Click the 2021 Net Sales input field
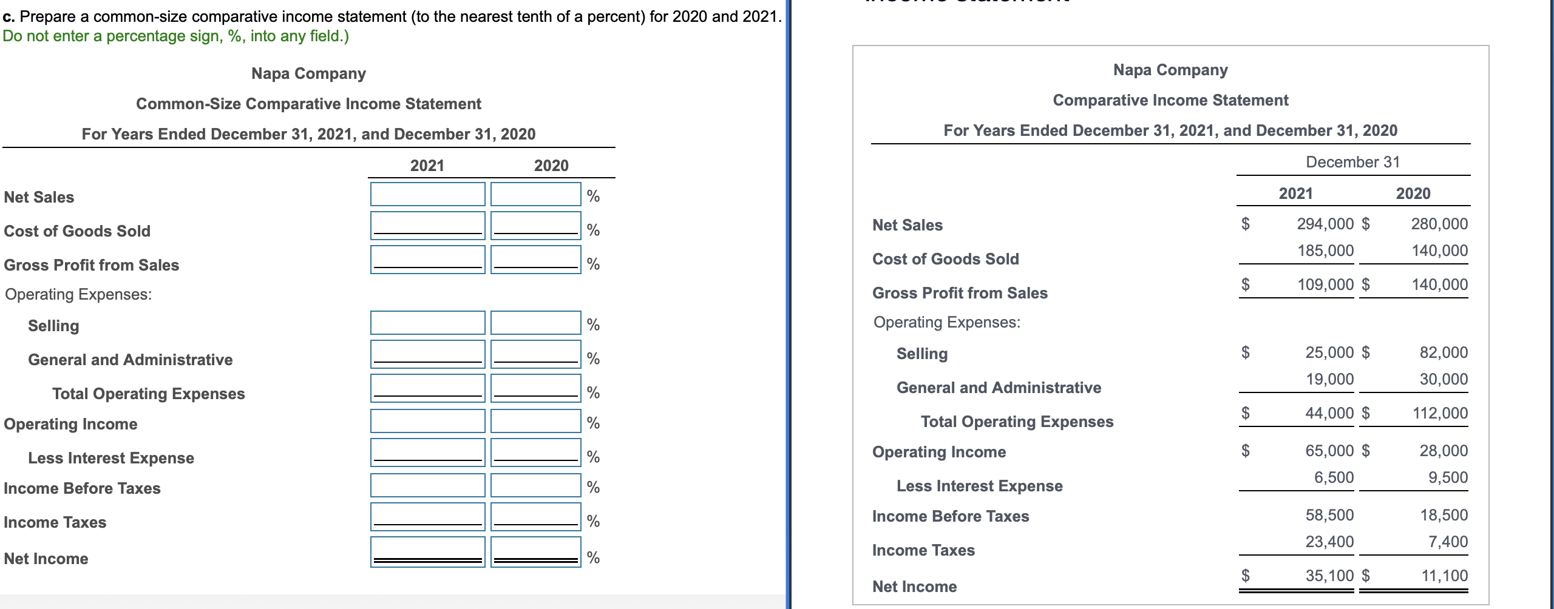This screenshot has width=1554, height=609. [x=427, y=194]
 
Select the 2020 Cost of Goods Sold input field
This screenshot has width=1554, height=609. [x=535, y=225]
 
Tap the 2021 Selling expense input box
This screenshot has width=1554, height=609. [x=427, y=323]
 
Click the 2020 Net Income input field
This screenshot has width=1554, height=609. [x=535, y=551]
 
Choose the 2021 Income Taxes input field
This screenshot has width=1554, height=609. [x=427, y=516]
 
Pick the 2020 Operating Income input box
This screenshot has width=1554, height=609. [x=535, y=421]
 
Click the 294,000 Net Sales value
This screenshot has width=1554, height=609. [x=1325, y=224]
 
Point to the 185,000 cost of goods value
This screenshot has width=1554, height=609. [x=1325, y=251]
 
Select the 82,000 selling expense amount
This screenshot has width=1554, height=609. [x=1443, y=352]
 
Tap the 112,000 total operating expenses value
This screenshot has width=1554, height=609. [x=1439, y=413]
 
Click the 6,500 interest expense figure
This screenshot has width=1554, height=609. [x=1334, y=477]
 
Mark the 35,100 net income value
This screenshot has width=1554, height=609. [x=1329, y=576]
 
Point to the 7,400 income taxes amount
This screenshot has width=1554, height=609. [x=1448, y=542]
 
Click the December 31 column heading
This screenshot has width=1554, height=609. [x=1352, y=162]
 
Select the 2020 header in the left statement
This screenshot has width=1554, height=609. [x=551, y=166]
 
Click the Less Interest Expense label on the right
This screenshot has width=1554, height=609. [x=979, y=486]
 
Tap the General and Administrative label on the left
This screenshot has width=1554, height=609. [x=130, y=360]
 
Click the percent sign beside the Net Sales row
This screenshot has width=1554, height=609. [x=593, y=196]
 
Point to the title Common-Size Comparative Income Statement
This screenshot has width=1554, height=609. [x=308, y=104]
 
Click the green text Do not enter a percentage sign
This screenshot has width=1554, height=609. [x=175, y=36]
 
